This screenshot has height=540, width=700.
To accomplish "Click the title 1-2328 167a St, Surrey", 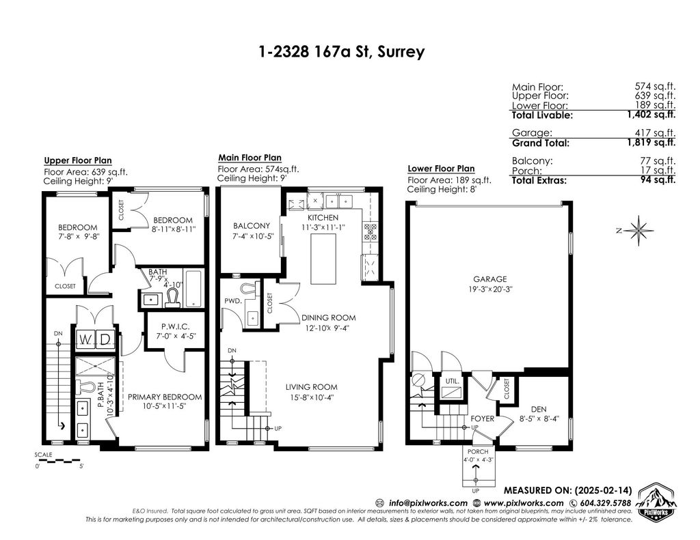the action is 342,52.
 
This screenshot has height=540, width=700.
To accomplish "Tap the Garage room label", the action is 490,279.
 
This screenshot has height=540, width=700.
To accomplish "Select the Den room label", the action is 539,410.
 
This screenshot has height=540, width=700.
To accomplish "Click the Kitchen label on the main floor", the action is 323,218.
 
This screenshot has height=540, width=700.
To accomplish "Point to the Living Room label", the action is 312,387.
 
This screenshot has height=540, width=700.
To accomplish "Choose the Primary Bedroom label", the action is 165,397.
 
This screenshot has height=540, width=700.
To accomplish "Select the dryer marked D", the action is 105,340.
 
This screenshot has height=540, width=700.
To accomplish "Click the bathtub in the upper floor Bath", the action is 193,289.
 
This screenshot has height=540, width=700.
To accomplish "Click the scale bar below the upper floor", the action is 57,459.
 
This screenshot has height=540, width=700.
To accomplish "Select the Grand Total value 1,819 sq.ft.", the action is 651,143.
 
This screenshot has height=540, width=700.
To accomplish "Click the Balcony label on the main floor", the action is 252,226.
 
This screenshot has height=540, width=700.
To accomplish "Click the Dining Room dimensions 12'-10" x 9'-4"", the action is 327,328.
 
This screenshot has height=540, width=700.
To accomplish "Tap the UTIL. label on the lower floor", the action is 453,381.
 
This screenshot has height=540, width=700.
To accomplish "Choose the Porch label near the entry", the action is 478,452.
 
